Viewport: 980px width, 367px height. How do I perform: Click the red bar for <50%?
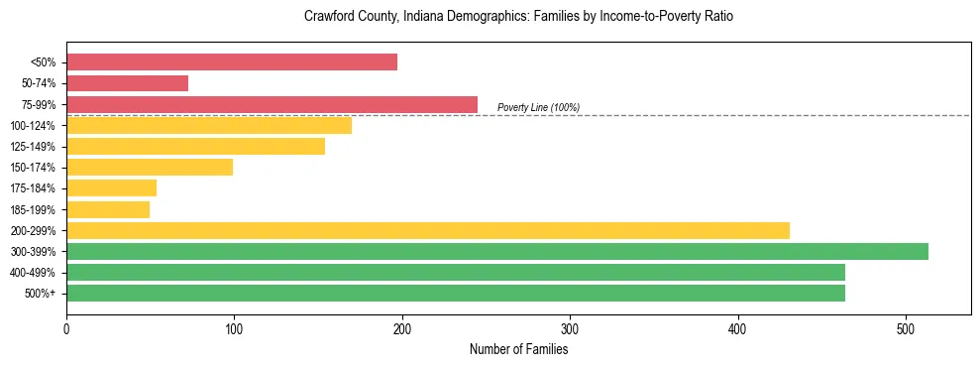click(232, 62)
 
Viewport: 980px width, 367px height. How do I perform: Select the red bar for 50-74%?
click(127, 83)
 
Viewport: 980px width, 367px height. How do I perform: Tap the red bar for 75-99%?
click(272, 104)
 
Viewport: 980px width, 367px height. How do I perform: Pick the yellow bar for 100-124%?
click(209, 125)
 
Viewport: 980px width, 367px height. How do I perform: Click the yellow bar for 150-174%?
click(150, 167)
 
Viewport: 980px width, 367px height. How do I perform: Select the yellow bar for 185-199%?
click(108, 209)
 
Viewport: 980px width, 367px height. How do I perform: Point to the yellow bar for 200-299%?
click(428, 230)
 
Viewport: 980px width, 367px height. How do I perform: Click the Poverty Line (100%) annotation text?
click(538, 107)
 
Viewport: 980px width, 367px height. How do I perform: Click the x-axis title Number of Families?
click(518, 349)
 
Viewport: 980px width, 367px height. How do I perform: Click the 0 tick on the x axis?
click(66, 328)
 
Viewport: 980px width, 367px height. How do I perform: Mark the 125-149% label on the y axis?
click(33, 147)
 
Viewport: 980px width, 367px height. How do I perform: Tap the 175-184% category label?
click(33, 188)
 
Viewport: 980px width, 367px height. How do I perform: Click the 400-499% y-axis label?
click(33, 273)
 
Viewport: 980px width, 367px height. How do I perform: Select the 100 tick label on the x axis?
click(234, 328)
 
